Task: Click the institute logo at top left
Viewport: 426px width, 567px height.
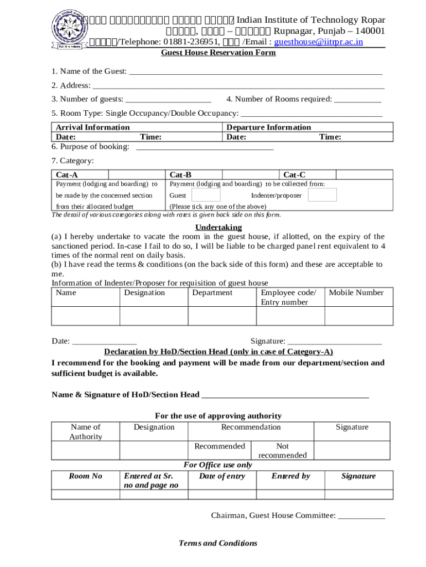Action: [67, 29]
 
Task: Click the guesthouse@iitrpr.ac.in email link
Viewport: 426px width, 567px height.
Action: [319, 42]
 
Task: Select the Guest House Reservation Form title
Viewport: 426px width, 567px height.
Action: [218, 53]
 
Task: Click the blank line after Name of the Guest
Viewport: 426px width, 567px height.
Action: [255, 72]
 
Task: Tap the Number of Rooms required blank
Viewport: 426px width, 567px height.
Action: [357, 100]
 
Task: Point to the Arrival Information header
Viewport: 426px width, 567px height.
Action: [93, 127]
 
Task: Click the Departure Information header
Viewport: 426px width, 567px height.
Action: [269, 127]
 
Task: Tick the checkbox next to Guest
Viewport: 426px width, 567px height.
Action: [206, 195]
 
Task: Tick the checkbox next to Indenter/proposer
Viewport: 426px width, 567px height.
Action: [322, 195]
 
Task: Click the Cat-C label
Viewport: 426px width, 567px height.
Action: [294, 174]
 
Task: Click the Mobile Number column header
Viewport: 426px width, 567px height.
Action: [356, 293]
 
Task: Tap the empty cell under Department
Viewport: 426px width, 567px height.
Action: [222, 316]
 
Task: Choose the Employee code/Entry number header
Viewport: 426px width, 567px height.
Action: [288, 297]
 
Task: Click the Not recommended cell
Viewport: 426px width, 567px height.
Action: [282, 451]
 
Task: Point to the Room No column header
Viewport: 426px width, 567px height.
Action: [85, 476]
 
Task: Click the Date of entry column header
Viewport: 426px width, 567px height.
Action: [222, 476]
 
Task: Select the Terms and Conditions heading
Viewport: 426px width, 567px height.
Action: [218, 543]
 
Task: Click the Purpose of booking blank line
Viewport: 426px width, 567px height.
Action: [204, 147]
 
